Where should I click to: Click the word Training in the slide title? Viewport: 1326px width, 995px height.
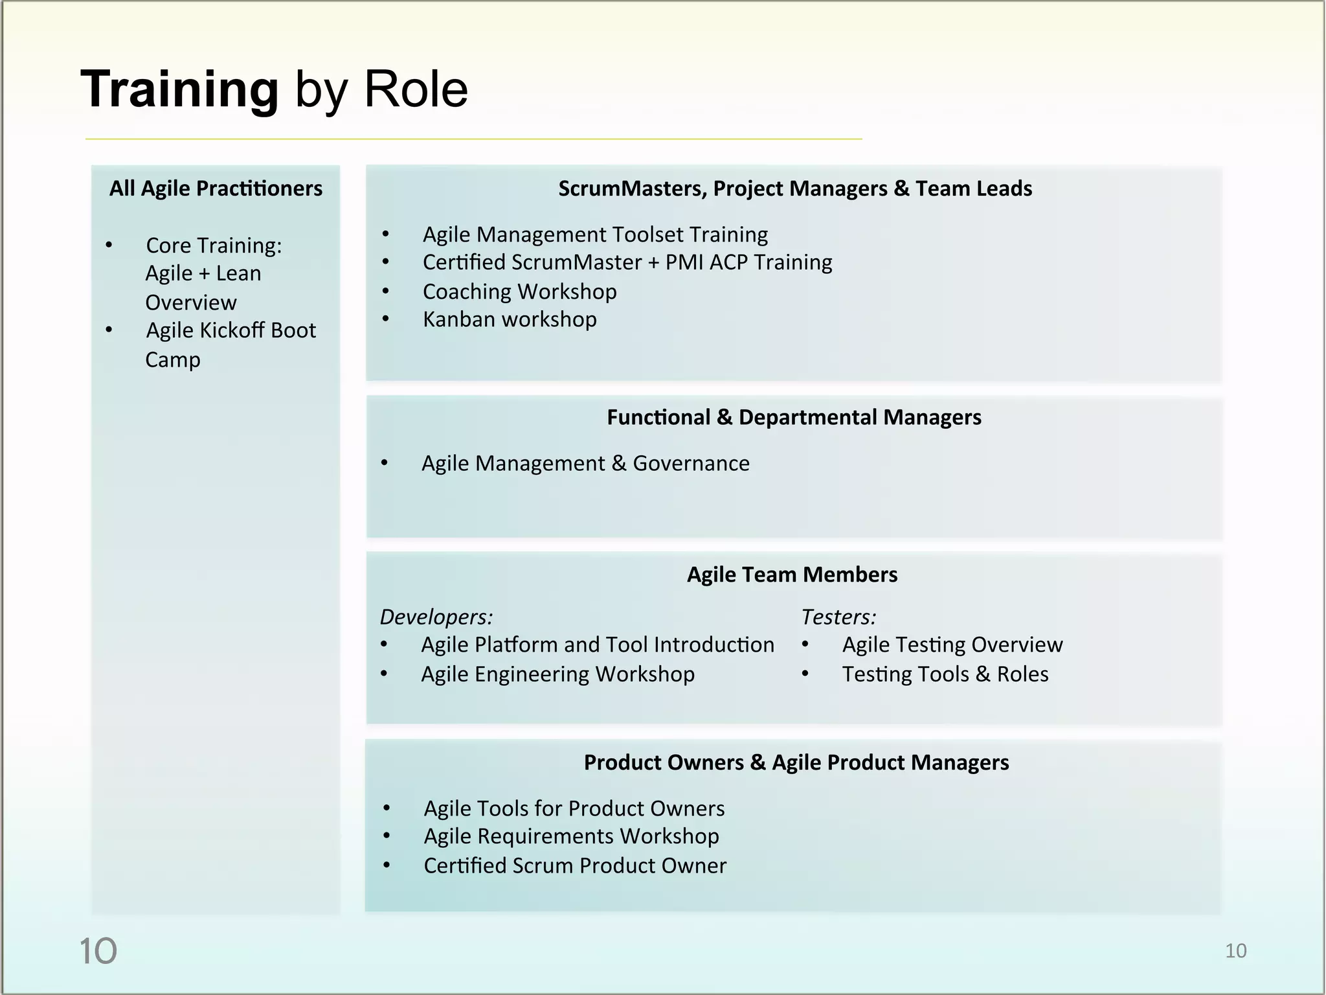tap(179, 89)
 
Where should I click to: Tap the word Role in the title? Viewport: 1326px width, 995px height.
tap(416, 89)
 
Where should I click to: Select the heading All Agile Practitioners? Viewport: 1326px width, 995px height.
tap(216, 189)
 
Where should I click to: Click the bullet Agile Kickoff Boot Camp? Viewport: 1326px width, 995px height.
tap(230, 344)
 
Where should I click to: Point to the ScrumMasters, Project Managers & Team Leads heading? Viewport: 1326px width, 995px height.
tap(795, 189)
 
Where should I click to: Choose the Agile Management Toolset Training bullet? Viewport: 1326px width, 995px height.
tap(595, 234)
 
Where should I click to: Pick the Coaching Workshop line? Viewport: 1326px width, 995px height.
tap(519, 292)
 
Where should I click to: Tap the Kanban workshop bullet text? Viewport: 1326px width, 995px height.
tap(510, 319)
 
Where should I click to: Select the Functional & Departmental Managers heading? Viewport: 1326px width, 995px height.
tap(794, 417)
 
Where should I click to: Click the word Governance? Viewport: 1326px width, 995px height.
tap(691, 463)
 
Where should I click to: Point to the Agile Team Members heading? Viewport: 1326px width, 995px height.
tap(792, 575)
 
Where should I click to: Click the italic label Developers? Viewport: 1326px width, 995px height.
tap(436, 617)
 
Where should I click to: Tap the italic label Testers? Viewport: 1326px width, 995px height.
tap(838, 617)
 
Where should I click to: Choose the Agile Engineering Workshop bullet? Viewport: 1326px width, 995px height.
tap(557, 674)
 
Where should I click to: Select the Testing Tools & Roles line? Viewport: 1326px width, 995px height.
tap(945, 674)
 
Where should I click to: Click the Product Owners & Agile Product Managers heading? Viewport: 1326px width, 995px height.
tap(796, 762)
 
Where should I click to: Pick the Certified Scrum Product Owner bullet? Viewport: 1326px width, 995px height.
tap(575, 865)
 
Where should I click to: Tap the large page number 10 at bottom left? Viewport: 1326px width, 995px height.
tap(98, 951)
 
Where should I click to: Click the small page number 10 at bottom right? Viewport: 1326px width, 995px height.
tap(1235, 951)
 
